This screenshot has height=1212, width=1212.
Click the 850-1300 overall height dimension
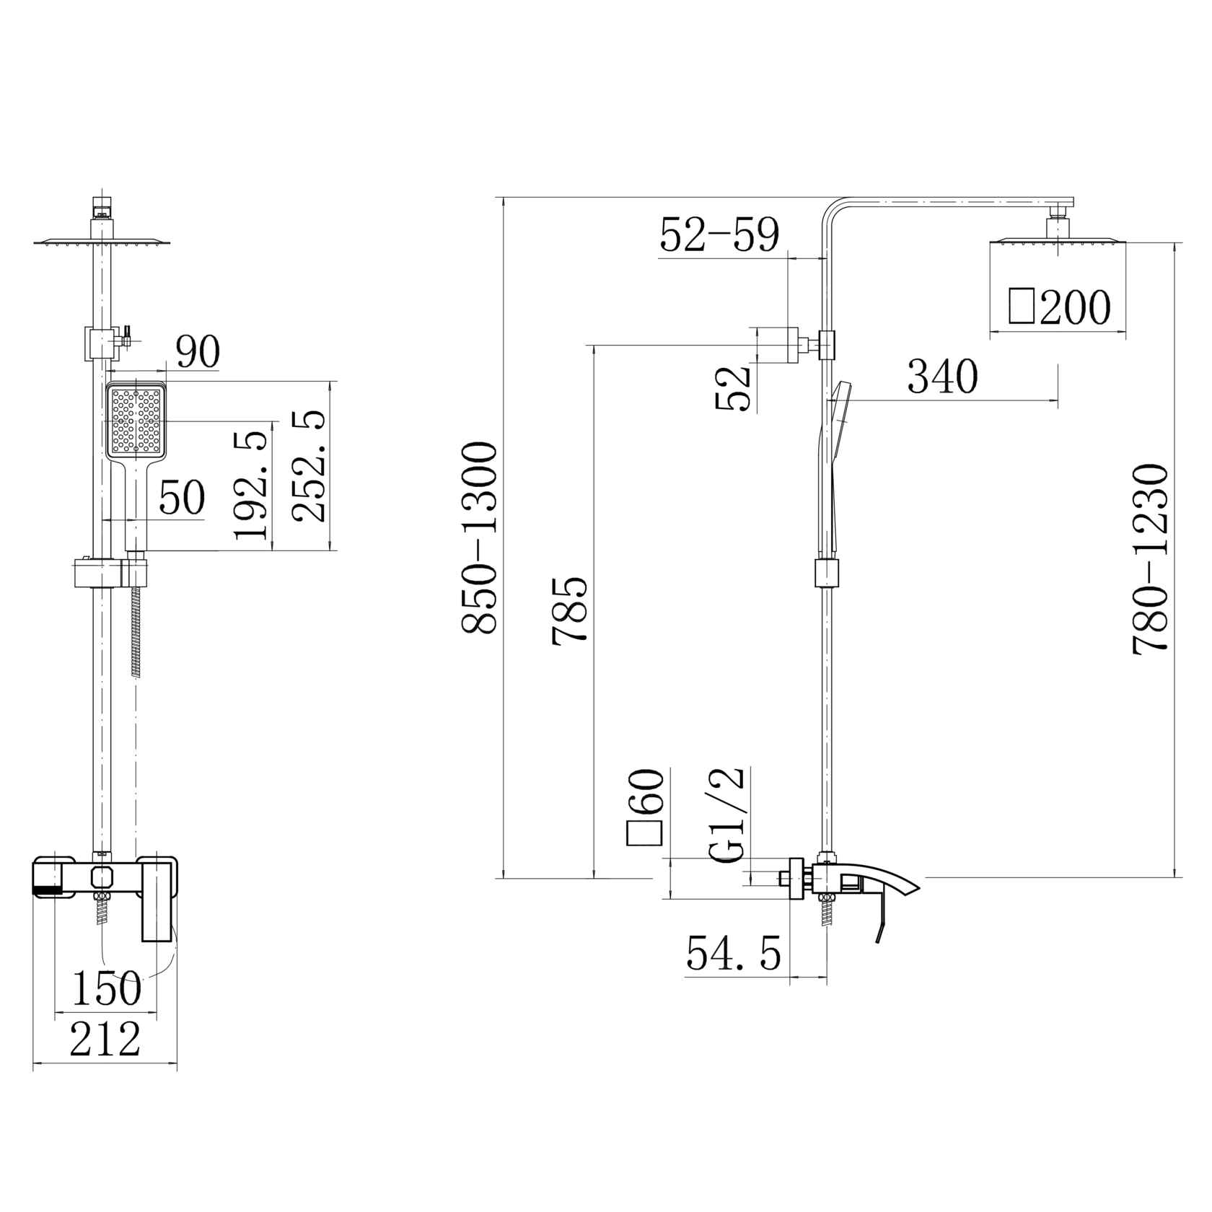point(479,538)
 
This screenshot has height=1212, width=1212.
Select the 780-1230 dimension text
point(1150,559)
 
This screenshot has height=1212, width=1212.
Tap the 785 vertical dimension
point(571,609)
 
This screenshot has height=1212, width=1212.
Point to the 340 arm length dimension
point(942,376)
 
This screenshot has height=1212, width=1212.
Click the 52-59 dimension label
point(720,234)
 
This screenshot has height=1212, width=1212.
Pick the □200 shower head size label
point(1060,307)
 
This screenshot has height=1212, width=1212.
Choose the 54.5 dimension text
point(733,954)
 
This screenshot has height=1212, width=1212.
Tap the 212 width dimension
point(105,1040)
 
